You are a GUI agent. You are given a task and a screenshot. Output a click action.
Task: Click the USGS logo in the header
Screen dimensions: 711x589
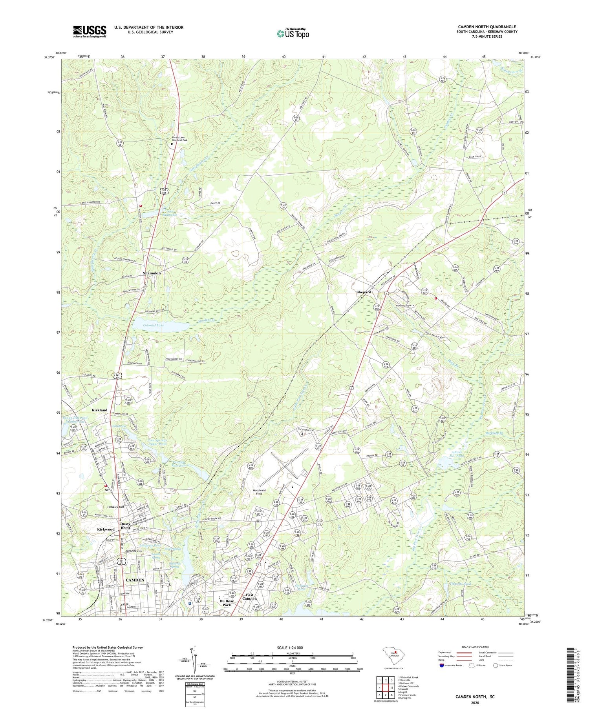click(x=90, y=31)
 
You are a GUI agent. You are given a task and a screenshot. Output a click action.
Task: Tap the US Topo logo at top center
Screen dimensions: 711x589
click(x=293, y=34)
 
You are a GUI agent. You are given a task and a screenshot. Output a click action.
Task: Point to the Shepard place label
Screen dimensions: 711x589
click(x=364, y=292)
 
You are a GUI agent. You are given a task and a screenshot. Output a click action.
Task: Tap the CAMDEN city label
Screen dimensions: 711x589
click(x=135, y=580)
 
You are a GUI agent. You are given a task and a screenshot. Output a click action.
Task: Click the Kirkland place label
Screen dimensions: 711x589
click(x=99, y=410)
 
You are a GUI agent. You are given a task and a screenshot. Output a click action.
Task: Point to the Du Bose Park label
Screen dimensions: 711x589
click(x=227, y=603)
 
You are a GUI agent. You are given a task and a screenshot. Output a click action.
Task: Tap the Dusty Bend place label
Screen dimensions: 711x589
click(x=125, y=526)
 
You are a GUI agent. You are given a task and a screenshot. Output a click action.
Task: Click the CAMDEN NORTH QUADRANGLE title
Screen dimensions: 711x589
click(x=487, y=27)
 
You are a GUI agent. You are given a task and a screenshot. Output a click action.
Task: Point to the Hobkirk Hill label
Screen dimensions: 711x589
click(x=115, y=507)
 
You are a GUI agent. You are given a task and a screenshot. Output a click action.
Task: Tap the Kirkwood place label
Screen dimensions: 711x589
click(x=106, y=529)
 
